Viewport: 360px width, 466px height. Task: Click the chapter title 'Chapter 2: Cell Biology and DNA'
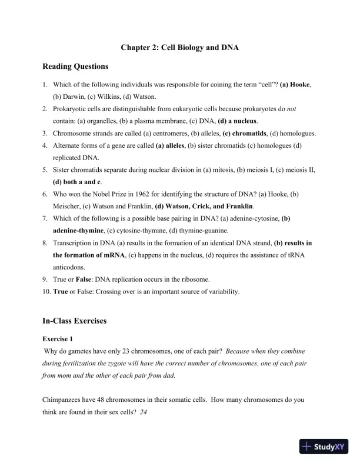click(179, 47)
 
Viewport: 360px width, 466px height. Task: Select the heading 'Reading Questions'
click(75, 66)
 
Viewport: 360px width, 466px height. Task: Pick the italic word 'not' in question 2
click(308, 109)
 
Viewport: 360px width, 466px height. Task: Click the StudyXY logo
click(322, 447)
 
